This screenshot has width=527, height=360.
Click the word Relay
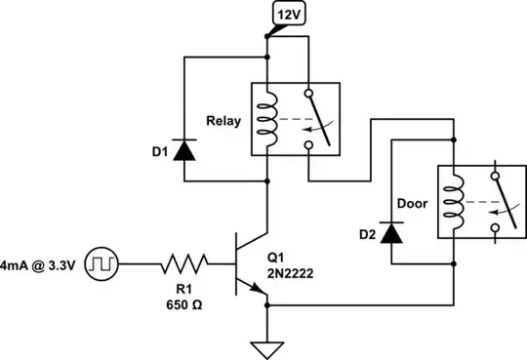223,122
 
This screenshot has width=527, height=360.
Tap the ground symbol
266,347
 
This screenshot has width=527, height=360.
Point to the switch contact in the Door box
501,204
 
